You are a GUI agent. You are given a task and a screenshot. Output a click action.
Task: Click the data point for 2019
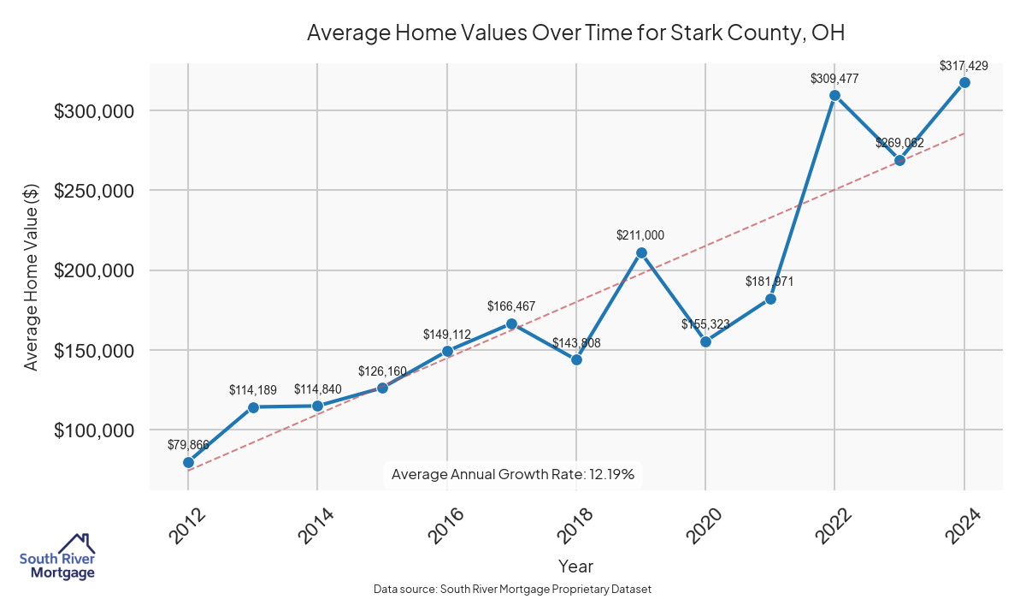641,252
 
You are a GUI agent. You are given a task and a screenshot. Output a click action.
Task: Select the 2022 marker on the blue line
834,95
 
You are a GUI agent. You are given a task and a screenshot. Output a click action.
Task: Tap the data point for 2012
188,462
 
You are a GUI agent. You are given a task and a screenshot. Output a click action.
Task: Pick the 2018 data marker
576,359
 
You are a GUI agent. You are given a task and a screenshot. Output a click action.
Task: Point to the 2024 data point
964,82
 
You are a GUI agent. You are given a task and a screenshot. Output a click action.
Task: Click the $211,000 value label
640,234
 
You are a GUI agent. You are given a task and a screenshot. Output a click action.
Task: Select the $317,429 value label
964,65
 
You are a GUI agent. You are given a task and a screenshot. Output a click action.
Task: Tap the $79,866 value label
188,444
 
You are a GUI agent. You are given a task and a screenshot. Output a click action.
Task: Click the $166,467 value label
511,305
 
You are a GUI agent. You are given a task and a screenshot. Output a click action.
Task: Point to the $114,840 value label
318,388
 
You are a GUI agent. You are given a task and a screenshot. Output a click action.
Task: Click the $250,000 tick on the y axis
94,191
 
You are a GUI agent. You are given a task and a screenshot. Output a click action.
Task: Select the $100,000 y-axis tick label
94,430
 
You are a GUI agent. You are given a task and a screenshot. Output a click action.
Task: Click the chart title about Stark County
575,33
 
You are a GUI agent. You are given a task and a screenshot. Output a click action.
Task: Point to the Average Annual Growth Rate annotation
512,474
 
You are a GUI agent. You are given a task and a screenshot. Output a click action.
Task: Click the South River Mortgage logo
57,556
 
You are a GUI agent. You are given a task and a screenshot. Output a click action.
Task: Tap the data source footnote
513,589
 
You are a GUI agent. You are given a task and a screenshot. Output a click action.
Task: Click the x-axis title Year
575,566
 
